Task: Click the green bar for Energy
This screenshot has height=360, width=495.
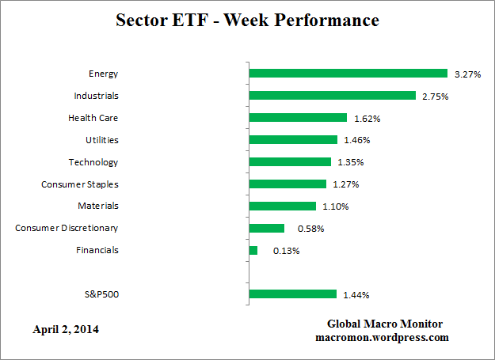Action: coord(348,74)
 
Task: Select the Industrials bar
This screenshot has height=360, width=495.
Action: coord(332,96)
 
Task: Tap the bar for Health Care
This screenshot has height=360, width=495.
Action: coord(298,118)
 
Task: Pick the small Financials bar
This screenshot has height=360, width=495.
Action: coord(253,250)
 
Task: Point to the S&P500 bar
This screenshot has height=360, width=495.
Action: coord(292,294)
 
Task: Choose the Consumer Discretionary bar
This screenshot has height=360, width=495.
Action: coord(266,228)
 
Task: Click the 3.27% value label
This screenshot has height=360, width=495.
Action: coord(466,74)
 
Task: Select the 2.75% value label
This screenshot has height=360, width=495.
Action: coord(434,97)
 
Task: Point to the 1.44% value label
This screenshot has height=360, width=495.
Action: coord(356,295)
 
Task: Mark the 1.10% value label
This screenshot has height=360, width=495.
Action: coord(335,207)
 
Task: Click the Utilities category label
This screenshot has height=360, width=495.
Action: coord(101,140)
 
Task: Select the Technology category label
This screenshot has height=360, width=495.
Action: coord(93,162)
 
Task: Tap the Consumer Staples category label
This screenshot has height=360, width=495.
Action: coord(80,184)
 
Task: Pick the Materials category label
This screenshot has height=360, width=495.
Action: coord(97,206)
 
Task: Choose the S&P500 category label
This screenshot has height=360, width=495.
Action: coord(101,295)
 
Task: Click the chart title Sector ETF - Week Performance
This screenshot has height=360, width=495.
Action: coord(247,19)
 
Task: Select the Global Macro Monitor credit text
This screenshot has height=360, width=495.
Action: coord(385,324)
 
